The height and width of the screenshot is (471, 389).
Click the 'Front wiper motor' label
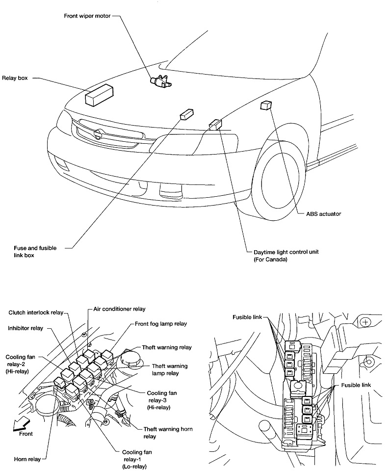[x=87, y=15]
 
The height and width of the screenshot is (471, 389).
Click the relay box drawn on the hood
[x=100, y=94]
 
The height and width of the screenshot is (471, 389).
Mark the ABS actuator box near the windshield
[x=266, y=105]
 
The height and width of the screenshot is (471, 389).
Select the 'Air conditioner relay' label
[x=120, y=310]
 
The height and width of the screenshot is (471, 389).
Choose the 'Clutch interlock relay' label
[x=36, y=313]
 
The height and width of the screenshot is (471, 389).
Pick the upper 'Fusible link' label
[x=248, y=317]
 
